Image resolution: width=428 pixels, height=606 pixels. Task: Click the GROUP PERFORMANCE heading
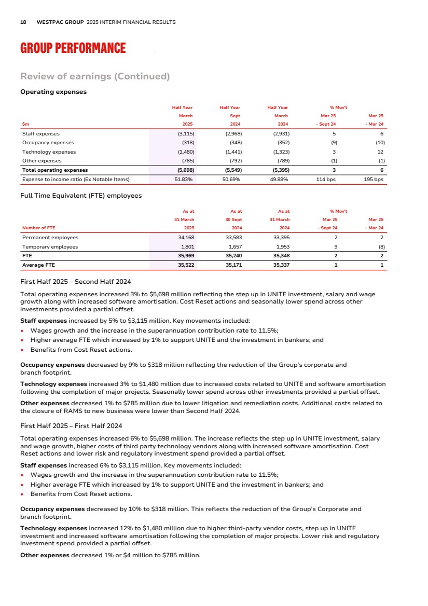[x=73, y=48]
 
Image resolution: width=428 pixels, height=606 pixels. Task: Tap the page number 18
[x=23, y=22]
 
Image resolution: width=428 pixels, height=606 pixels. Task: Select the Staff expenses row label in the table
[x=41, y=133]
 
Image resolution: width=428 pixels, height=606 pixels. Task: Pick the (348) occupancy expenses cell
[x=234, y=142]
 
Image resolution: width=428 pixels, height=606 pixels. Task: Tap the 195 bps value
[x=374, y=180]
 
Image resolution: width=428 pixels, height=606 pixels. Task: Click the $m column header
[x=25, y=125]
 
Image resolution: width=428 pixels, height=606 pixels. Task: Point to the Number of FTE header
[x=38, y=228]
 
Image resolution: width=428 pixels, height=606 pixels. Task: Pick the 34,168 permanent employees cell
[x=185, y=237]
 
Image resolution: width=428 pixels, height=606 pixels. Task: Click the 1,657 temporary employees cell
[x=234, y=246]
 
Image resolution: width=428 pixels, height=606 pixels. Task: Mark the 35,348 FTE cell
[x=281, y=256]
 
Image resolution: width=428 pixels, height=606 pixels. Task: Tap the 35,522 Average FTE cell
[x=185, y=265]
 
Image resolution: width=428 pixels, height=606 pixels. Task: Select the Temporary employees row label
[x=50, y=246]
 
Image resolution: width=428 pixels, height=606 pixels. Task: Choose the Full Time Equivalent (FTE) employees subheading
[x=80, y=196]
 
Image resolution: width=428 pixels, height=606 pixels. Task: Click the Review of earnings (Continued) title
[x=95, y=76]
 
